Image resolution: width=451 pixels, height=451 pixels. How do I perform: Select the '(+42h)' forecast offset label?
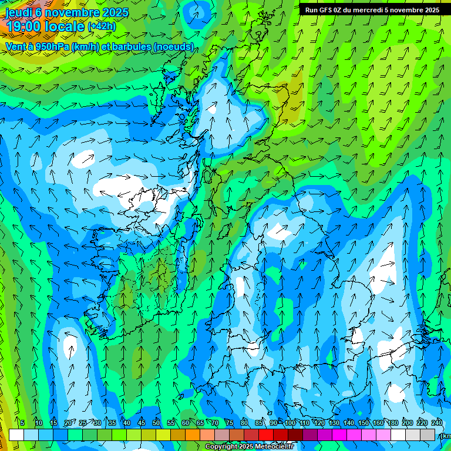point(102,26)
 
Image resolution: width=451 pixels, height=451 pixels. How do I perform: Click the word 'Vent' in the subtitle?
point(15,46)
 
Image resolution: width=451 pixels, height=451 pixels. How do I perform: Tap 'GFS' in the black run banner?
point(328,10)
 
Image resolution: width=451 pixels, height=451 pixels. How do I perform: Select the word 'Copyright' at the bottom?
point(221,447)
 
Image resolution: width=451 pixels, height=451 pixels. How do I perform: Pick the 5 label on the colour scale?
point(22,423)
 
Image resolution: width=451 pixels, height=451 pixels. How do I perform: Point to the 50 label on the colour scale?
point(156,423)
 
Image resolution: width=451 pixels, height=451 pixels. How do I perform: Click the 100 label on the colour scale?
point(290,423)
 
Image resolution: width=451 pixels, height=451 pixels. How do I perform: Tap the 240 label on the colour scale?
point(437,423)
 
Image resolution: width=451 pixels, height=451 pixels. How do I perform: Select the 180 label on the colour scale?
point(393,423)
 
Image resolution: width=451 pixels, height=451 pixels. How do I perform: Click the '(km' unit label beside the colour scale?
point(445,436)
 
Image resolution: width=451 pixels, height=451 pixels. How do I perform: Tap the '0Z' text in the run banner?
point(342,10)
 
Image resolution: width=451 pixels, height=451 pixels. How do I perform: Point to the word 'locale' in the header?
point(66,26)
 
